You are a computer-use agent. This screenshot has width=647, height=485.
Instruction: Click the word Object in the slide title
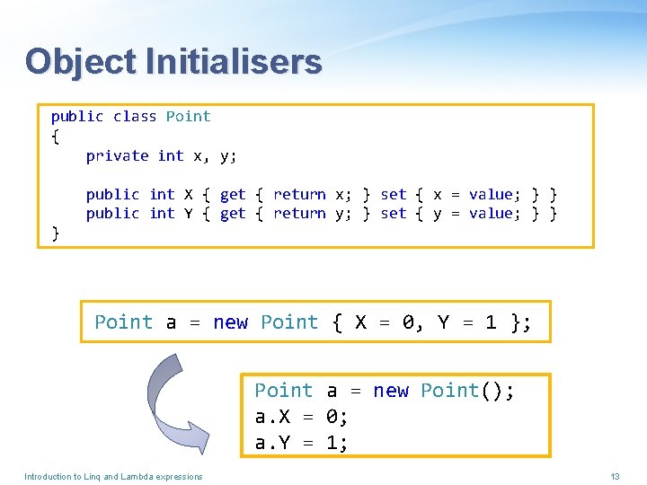tap(80, 62)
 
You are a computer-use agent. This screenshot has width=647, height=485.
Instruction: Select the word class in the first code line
tap(135, 116)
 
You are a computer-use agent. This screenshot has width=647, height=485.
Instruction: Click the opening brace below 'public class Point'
tap(55, 136)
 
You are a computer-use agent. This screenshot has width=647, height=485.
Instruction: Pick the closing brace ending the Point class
tap(56, 233)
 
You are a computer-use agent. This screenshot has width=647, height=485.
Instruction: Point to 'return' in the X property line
tap(299, 194)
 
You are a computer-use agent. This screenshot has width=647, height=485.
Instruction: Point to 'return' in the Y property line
tap(299, 214)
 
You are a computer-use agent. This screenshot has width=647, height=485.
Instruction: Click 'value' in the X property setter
tap(491, 194)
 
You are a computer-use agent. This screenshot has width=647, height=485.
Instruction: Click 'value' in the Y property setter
tap(491, 214)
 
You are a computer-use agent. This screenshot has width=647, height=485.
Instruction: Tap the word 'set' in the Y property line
tap(394, 214)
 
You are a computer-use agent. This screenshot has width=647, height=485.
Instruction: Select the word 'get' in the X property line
tap(233, 194)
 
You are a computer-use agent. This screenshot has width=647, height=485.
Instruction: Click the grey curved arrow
tap(166, 400)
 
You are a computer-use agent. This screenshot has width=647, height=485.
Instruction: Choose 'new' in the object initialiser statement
tap(231, 322)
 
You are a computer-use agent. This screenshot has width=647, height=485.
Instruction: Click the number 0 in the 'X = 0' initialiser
tap(409, 322)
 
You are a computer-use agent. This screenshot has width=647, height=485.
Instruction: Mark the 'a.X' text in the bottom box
tap(273, 417)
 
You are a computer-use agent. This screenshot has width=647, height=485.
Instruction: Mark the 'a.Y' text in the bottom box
tap(273, 442)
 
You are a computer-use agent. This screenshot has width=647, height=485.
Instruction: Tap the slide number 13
tap(616, 476)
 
